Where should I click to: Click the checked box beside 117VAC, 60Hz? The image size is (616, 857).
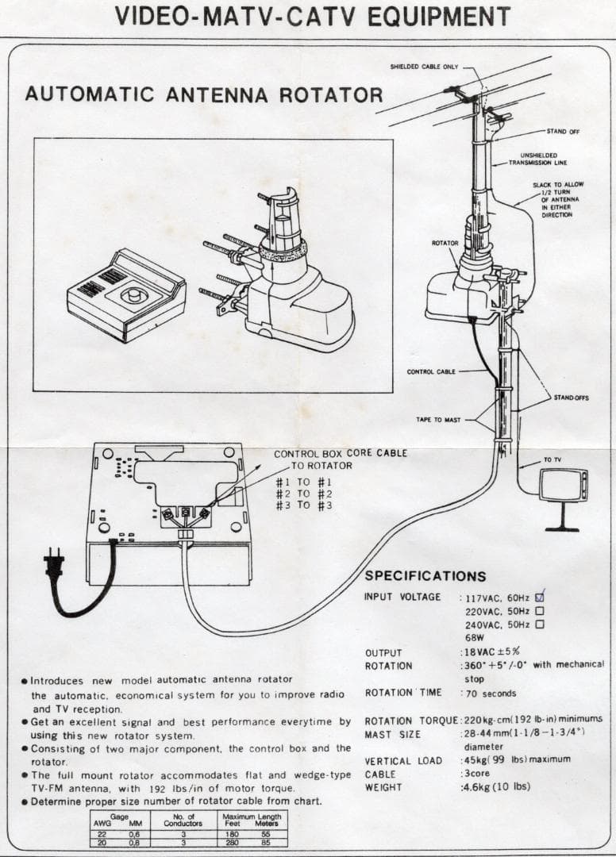[540, 597]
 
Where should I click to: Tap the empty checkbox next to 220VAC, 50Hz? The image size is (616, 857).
[540, 611]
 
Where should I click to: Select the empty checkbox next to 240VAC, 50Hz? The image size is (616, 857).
[540, 624]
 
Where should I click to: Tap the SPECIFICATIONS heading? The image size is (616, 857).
[425, 576]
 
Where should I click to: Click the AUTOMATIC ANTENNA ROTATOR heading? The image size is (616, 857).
[203, 94]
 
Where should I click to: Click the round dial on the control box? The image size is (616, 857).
[133, 297]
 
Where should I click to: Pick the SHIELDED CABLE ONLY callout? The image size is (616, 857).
[424, 67]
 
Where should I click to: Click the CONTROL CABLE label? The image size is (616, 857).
[431, 371]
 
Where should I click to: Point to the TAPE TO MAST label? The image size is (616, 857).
[438, 419]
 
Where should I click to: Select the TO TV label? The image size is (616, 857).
[552, 459]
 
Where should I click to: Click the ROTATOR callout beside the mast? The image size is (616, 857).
[445, 242]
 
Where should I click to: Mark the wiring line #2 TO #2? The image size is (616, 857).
[303, 494]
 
